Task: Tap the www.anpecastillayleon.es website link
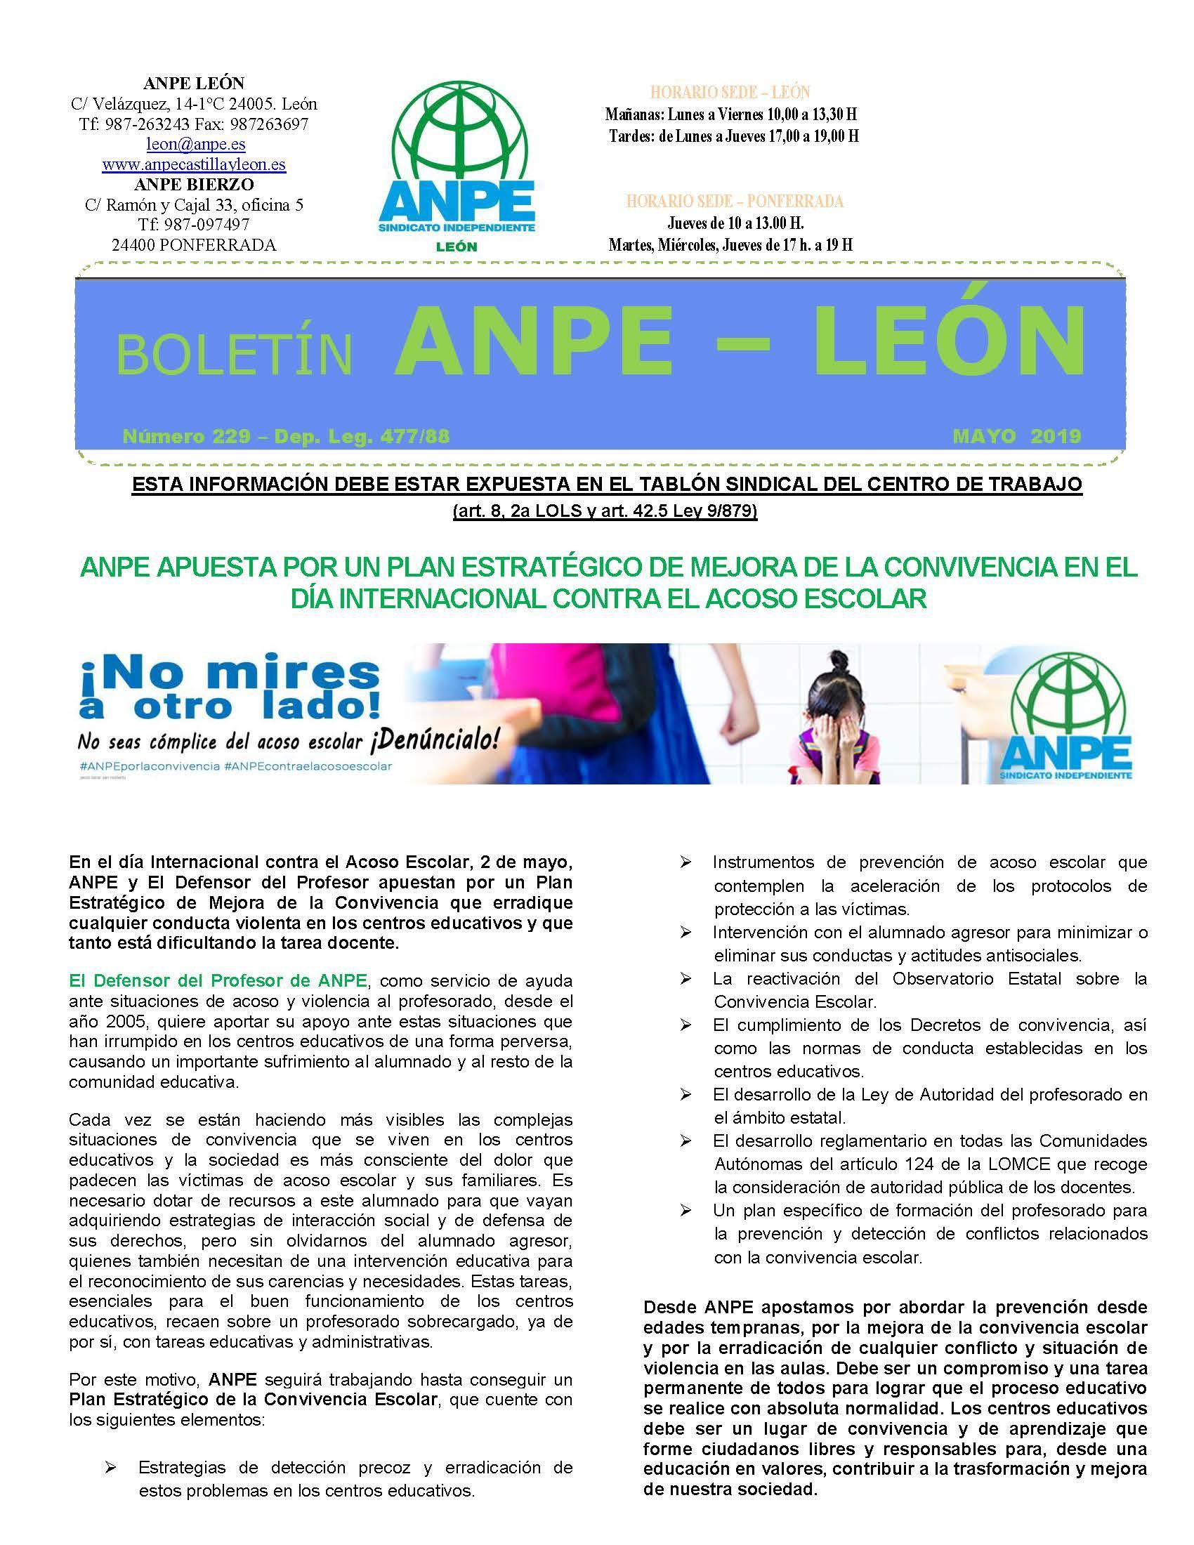(194, 165)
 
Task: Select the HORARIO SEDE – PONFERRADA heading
(734, 202)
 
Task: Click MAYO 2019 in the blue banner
(1016, 437)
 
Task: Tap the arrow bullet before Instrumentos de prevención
(685, 862)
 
